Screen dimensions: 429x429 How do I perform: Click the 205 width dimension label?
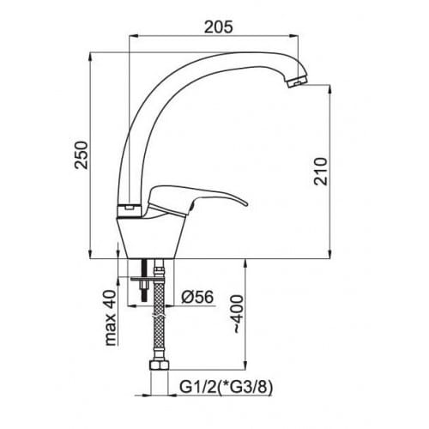(x=219, y=27)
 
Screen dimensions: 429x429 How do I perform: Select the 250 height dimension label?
(x=81, y=154)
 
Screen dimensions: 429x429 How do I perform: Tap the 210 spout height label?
(x=321, y=171)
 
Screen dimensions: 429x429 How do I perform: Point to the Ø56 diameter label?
(x=197, y=297)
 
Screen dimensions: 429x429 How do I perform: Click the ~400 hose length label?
(x=238, y=314)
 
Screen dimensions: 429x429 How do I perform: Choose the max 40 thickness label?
(x=111, y=317)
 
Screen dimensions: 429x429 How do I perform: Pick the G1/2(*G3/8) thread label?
(x=226, y=388)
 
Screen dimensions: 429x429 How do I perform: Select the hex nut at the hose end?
(x=160, y=366)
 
